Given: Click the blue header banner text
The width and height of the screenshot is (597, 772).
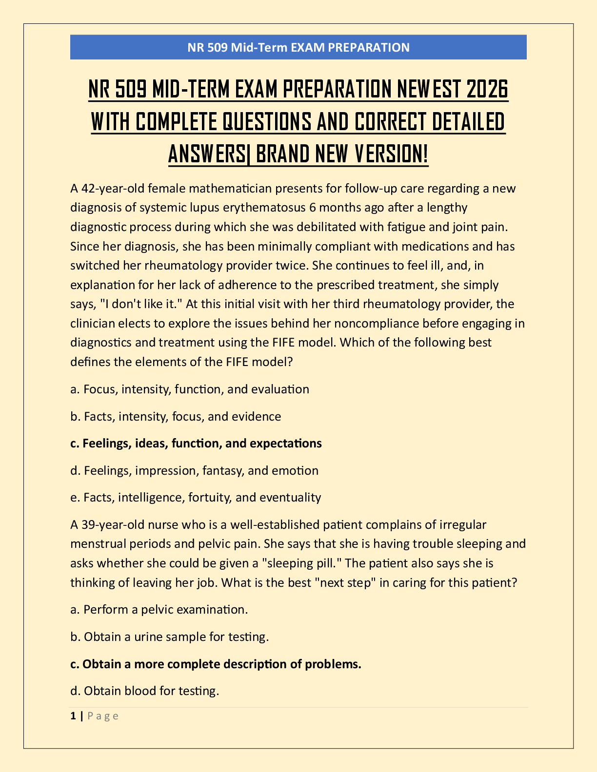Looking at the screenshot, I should (298, 47).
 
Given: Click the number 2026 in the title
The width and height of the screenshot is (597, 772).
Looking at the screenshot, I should (487, 89).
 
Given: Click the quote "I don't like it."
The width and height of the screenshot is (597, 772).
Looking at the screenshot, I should (140, 304).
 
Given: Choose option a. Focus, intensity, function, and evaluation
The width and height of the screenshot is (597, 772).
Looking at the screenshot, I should (190, 389).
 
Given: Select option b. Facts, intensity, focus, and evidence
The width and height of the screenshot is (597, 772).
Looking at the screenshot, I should (176, 416).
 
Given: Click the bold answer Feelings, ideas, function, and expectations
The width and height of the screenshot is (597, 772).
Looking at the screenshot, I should (196, 443).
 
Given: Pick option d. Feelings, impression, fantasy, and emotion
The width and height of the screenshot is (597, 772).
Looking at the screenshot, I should (194, 470).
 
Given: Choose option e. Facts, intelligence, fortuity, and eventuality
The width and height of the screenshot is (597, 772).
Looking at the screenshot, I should (196, 497).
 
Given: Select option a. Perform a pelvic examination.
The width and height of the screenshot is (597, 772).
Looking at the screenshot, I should (159, 609).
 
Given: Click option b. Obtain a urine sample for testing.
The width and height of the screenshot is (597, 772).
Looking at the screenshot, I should (169, 637).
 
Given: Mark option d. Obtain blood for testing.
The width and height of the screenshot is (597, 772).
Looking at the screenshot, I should (144, 691).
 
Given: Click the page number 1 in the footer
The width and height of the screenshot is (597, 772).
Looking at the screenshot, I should (73, 715).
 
